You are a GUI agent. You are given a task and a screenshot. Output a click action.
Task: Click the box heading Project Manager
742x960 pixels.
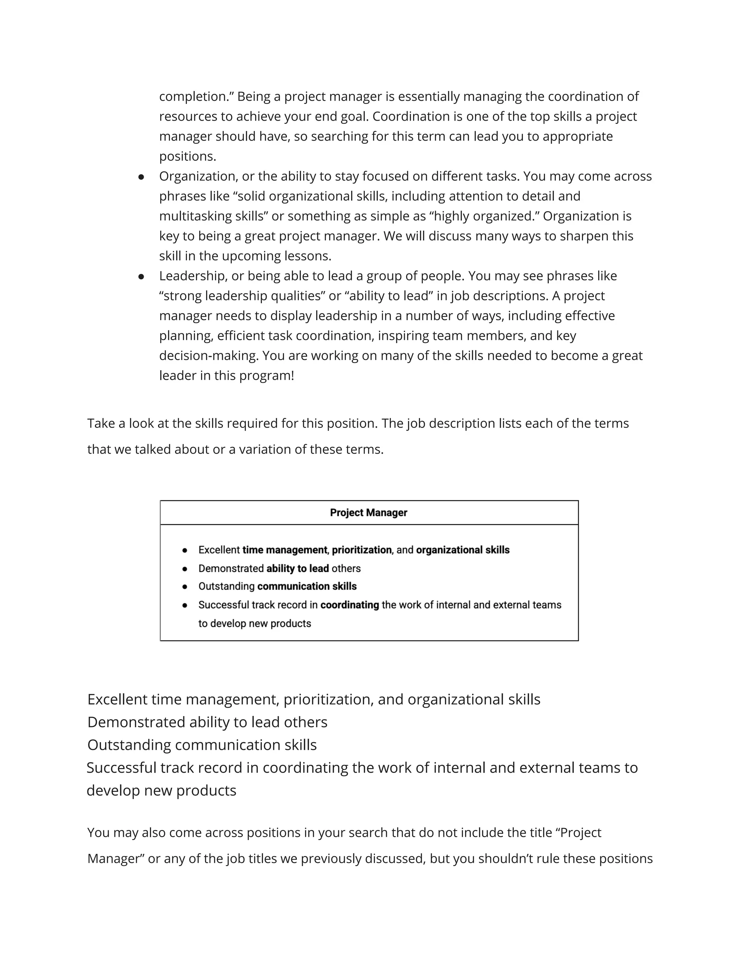coord(368,513)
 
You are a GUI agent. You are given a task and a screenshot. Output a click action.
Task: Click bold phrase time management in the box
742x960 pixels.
coord(284,550)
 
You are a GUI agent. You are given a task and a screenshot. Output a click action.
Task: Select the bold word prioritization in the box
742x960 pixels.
coord(361,550)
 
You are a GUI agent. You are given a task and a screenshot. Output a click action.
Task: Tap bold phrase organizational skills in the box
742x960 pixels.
coord(462,550)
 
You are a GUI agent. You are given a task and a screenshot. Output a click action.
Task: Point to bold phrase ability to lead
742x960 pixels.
coord(297,568)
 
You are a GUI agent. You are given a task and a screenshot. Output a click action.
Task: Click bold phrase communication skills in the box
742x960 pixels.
coord(307,587)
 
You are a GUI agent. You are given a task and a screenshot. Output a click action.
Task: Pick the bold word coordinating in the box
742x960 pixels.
coord(350,605)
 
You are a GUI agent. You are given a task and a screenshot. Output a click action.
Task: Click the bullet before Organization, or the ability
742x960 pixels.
coord(141,177)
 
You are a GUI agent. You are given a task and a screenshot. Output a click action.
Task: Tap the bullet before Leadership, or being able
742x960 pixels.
coord(141,276)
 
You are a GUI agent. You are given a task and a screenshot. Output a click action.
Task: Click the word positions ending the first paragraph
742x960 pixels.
coord(187,156)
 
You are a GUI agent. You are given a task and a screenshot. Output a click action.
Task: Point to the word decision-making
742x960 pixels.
coord(208,356)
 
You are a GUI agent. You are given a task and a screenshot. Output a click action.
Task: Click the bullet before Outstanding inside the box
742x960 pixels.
coord(185,587)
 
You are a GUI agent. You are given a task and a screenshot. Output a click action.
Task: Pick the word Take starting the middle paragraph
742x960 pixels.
coord(101,423)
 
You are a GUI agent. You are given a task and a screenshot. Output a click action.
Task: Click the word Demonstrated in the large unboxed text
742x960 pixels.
coord(136,722)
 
